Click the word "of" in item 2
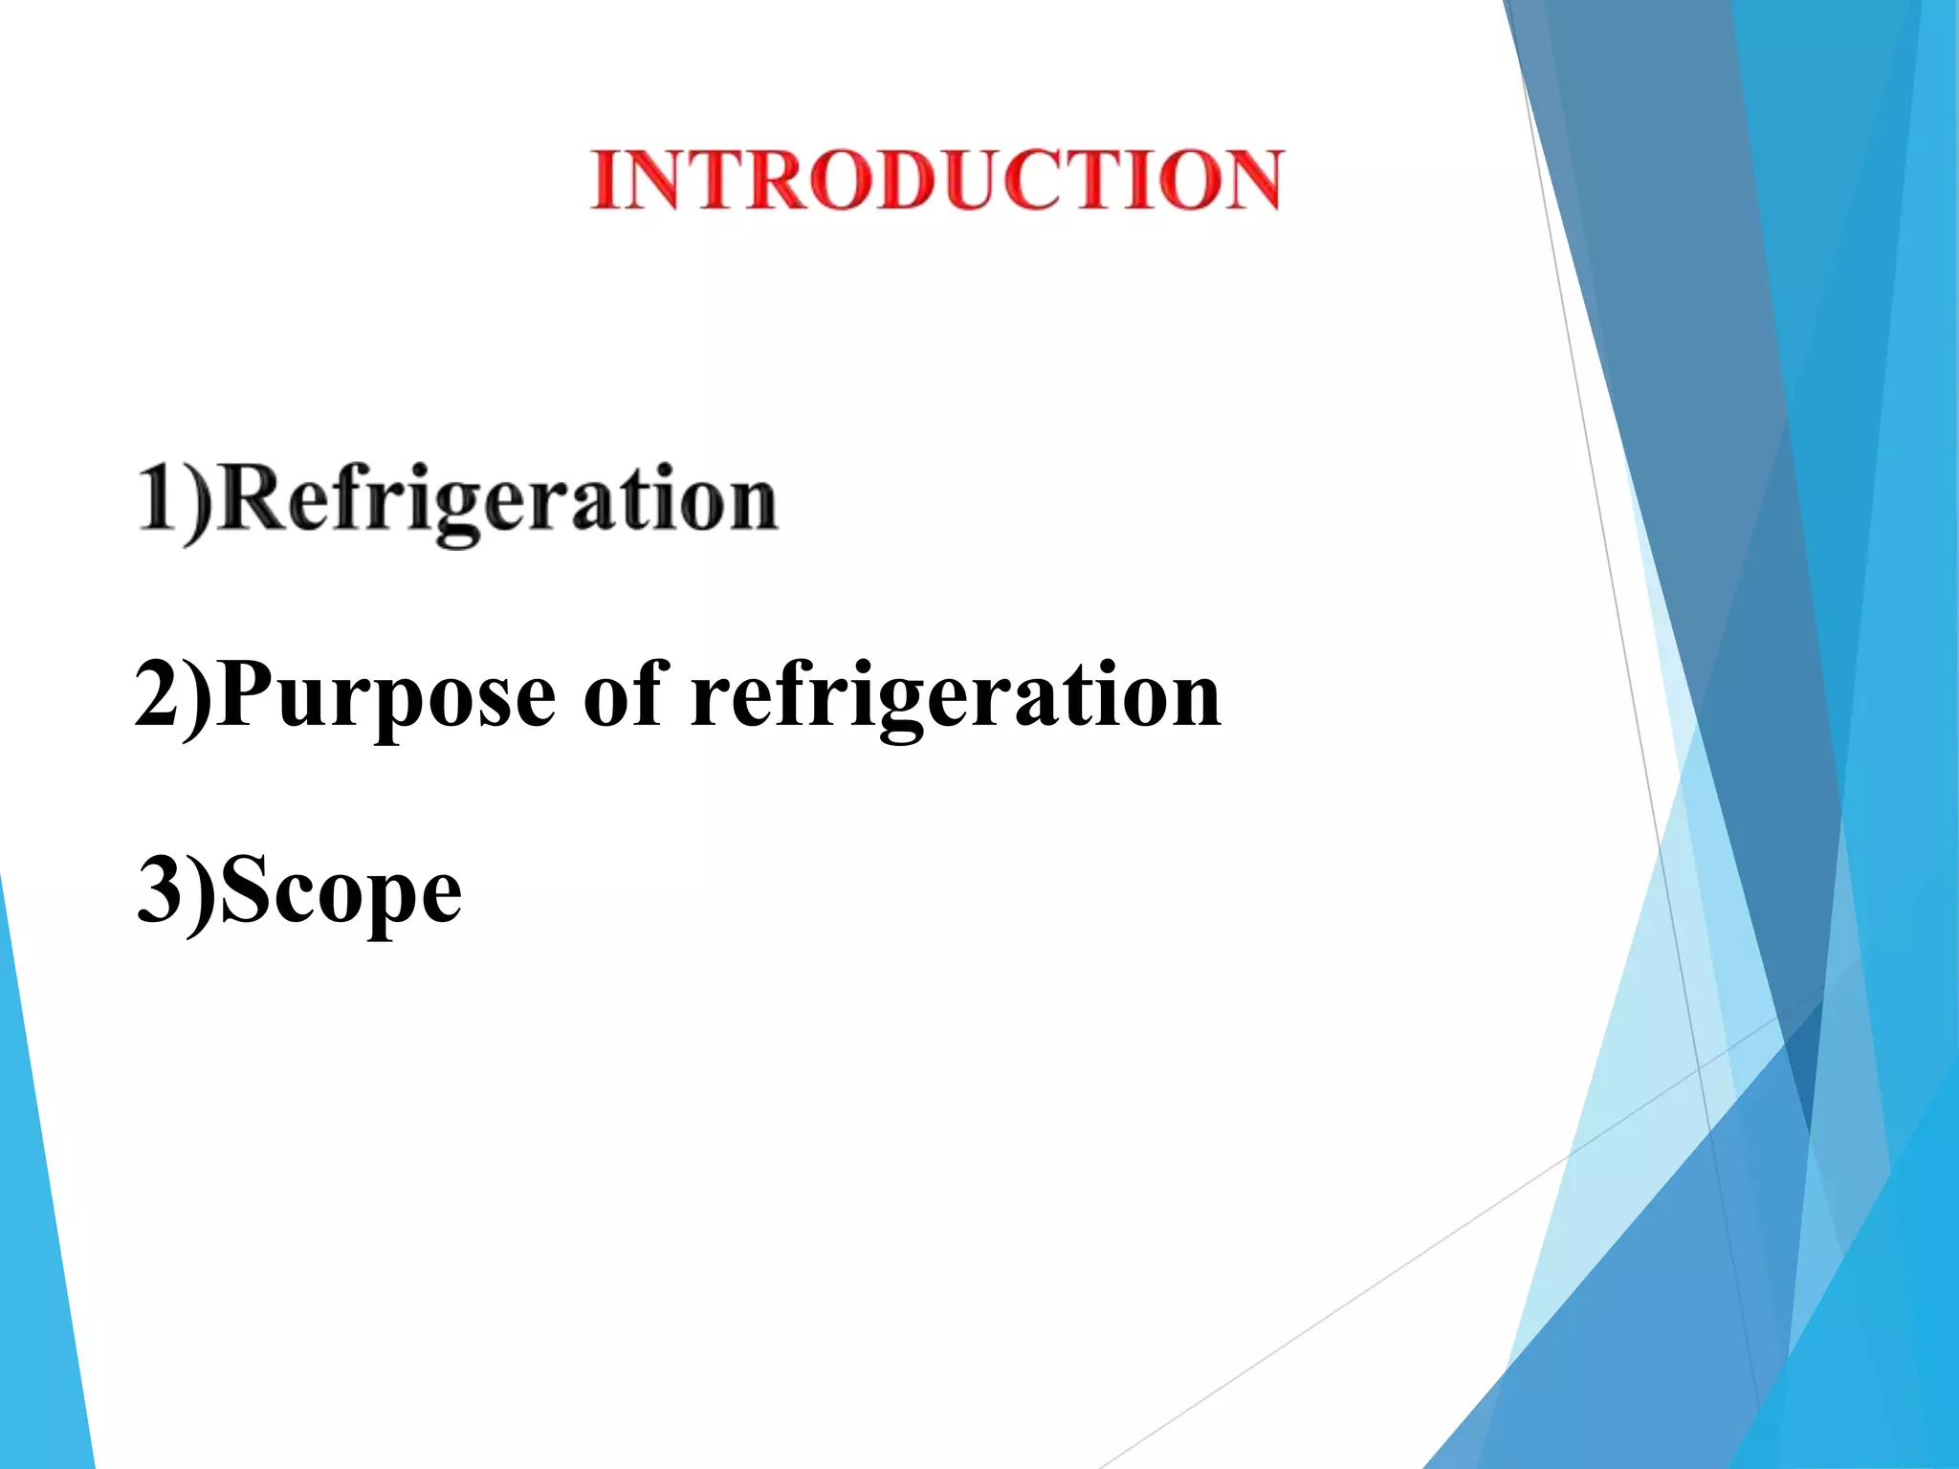point(625,692)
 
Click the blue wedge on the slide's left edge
point(43,1243)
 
